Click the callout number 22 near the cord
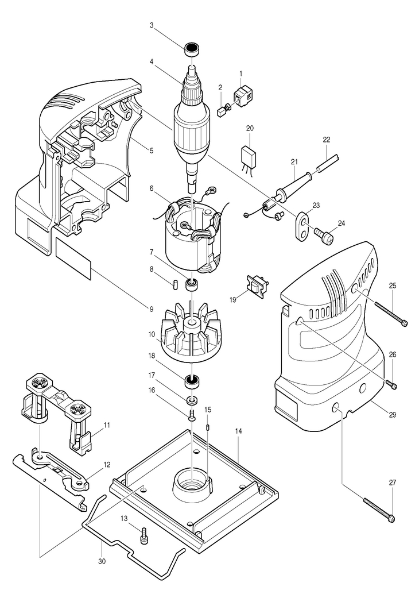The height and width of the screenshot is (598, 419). point(326,140)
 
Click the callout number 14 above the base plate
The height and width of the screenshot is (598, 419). point(238,430)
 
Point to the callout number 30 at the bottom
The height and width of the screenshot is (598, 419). point(102,561)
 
